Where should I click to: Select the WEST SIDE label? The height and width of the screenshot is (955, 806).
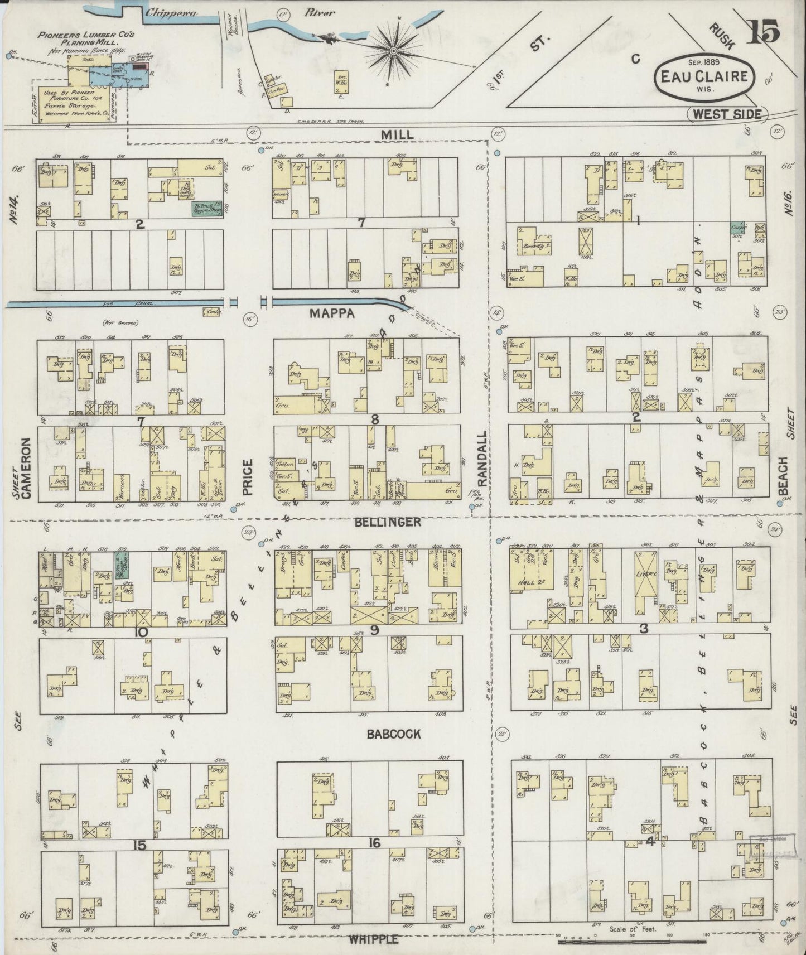click(727, 114)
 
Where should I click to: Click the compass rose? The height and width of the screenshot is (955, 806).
click(394, 51)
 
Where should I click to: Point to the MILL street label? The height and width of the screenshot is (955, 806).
click(397, 135)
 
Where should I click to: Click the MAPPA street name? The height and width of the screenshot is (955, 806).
click(333, 314)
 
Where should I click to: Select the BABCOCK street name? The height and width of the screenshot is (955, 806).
click(394, 734)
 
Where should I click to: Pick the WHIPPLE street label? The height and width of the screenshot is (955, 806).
click(374, 940)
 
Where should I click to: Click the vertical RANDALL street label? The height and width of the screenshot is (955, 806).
click(482, 459)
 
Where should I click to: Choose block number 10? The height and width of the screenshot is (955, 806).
click(140, 633)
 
